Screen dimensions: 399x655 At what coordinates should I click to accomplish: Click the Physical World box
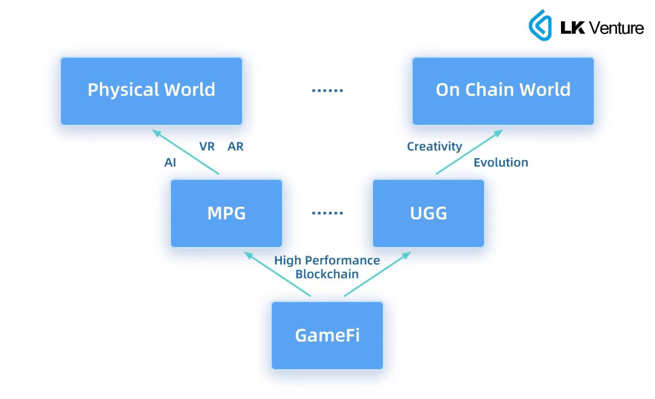pos(151,91)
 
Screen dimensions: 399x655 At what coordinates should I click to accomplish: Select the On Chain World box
pos(503,91)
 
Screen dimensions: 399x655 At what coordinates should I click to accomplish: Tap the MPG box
pos(226,213)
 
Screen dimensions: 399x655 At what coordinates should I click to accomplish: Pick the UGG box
pos(428,213)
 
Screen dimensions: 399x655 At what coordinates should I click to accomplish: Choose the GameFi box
pos(327,335)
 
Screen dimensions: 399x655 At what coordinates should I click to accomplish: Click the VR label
pos(207,147)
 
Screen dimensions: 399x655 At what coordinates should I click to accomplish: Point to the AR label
pos(235,147)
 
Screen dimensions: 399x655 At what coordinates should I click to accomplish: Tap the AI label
pos(170,163)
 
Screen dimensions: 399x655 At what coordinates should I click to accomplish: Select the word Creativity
pos(434,146)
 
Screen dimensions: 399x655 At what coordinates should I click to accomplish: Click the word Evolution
pos(500,163)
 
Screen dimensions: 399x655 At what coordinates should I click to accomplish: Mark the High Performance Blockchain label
pos(327,267)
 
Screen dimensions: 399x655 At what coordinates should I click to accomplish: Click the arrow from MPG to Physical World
pos(186,152)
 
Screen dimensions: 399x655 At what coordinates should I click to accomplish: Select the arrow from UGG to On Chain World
pos(469,152)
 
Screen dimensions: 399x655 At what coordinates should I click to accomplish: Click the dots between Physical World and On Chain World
pos(327,90)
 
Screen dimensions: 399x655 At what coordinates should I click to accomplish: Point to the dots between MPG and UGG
pos(327,213)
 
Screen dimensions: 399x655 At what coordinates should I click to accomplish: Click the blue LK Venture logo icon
pos(540,25)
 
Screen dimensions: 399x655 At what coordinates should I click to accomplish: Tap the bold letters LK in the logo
pos(573,27)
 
